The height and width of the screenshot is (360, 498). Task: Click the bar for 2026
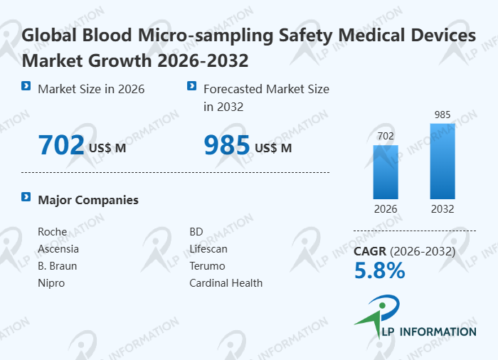pos(386,172)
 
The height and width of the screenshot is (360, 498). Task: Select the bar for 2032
pos(443,162)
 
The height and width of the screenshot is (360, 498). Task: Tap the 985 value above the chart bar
pos(443,115)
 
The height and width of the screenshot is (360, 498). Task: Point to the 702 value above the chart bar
pos(386,136)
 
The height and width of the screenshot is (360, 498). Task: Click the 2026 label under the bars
pos(386,209)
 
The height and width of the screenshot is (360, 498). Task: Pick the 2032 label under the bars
pos(443,209)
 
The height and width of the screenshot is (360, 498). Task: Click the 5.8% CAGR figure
pos(379,270)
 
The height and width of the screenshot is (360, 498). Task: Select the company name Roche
pos(52,232)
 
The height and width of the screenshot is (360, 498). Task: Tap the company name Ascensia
pos(58,249)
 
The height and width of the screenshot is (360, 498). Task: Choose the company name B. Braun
pos(57,266)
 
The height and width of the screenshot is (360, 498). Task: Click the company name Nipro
pos(51,283)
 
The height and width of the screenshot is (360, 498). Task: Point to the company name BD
pos(196,232)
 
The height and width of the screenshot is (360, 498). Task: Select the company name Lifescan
pos(208,249)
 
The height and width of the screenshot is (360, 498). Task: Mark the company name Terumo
pos(207,266)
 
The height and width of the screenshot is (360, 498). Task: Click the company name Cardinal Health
pos(226,283)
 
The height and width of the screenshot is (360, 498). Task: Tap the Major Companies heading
pos(88,200)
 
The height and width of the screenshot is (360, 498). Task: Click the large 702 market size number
pos(61,145)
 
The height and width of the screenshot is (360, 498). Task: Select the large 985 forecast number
pos(227,145)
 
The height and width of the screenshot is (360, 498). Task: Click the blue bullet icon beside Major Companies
pos(26,197)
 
